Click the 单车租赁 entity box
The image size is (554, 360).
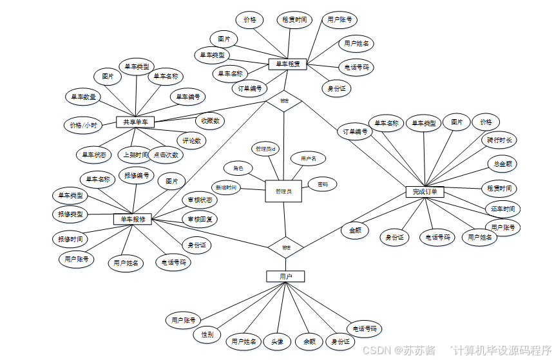[x=287, y=64]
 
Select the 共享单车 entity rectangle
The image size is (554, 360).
[x=135, y=122]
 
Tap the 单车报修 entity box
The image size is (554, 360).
[x=133, y=219]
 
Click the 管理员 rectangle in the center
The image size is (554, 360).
[x=283, y=191]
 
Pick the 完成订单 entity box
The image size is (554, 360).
[x=425, y=192]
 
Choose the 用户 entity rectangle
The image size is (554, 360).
[x=285, y=276]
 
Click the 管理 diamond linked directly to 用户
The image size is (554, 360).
[x=285, y=247]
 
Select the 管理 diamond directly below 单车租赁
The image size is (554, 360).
[x=284, y=101]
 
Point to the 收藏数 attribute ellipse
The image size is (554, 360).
[x=210, y=120]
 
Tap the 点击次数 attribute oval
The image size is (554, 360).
[x=166, y=155]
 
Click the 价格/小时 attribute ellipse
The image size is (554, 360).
[x=83, y=125]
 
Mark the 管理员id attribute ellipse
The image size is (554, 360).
[x=265, y=149]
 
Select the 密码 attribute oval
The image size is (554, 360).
[x=322, y=185]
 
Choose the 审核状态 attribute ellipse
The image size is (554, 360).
[x=200, y=200]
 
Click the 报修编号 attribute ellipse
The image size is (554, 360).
[x=137, y=175]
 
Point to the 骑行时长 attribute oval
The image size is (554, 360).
[x=499, y=140]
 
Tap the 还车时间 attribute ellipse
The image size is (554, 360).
[x=502, y=209]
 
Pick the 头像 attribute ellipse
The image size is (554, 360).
[x=277, y=341]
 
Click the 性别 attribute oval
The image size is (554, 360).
[x=207, y=335]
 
